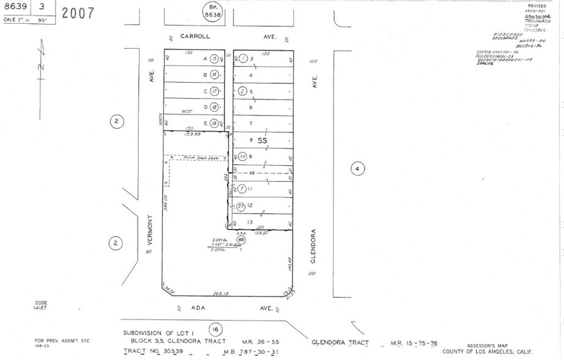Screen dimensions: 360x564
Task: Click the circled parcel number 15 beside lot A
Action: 213,59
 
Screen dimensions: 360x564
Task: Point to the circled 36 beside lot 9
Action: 242,156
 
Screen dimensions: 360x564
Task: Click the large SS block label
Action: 262,140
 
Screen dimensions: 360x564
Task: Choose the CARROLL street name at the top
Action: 195,37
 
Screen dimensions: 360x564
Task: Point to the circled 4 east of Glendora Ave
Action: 358,168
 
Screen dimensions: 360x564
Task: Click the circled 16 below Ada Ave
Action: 214,329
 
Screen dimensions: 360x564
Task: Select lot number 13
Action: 250,222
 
